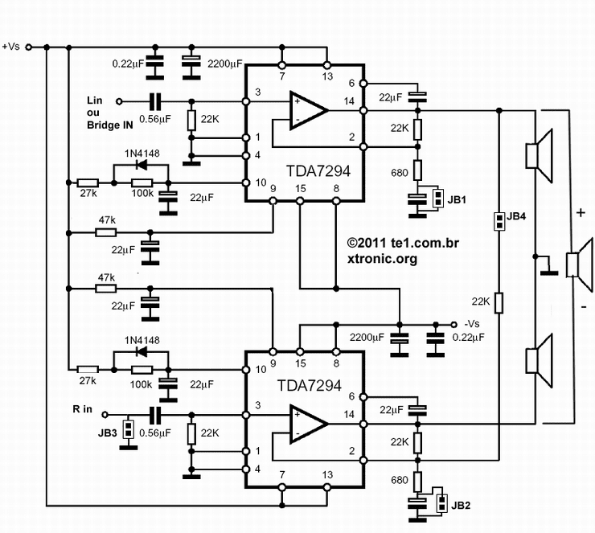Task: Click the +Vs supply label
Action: pos(11,47)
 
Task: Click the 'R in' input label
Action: pos(83,409)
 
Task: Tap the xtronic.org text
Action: pos(382,260)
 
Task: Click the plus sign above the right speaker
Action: pos(579,215)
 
